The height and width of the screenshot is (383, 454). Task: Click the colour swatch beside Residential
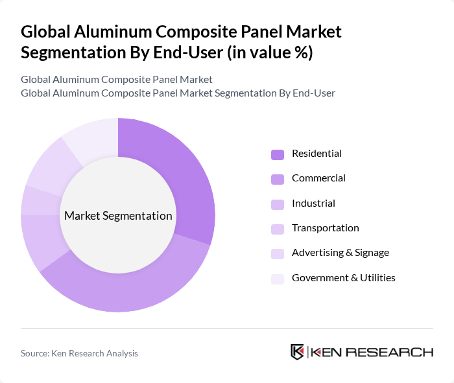(x=278, y=154)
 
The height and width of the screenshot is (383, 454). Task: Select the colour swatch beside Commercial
(x=278, y=179)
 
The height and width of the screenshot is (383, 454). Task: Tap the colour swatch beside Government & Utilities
(x=278, y=279)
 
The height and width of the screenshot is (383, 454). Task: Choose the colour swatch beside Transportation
(x=278, y=229)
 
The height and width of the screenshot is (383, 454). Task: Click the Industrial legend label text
(x=313, y=203)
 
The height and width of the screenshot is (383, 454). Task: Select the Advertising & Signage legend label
(x=340, y=253)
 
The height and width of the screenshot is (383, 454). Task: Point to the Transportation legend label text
(x=325, y=228)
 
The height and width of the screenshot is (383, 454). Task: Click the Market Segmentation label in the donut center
(x=118, y=216)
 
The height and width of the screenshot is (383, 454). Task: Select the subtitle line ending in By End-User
(x=178, y=93)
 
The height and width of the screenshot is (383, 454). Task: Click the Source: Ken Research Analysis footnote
(x=79, y=353)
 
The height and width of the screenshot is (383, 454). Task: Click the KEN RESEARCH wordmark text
(x=372, y=353)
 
